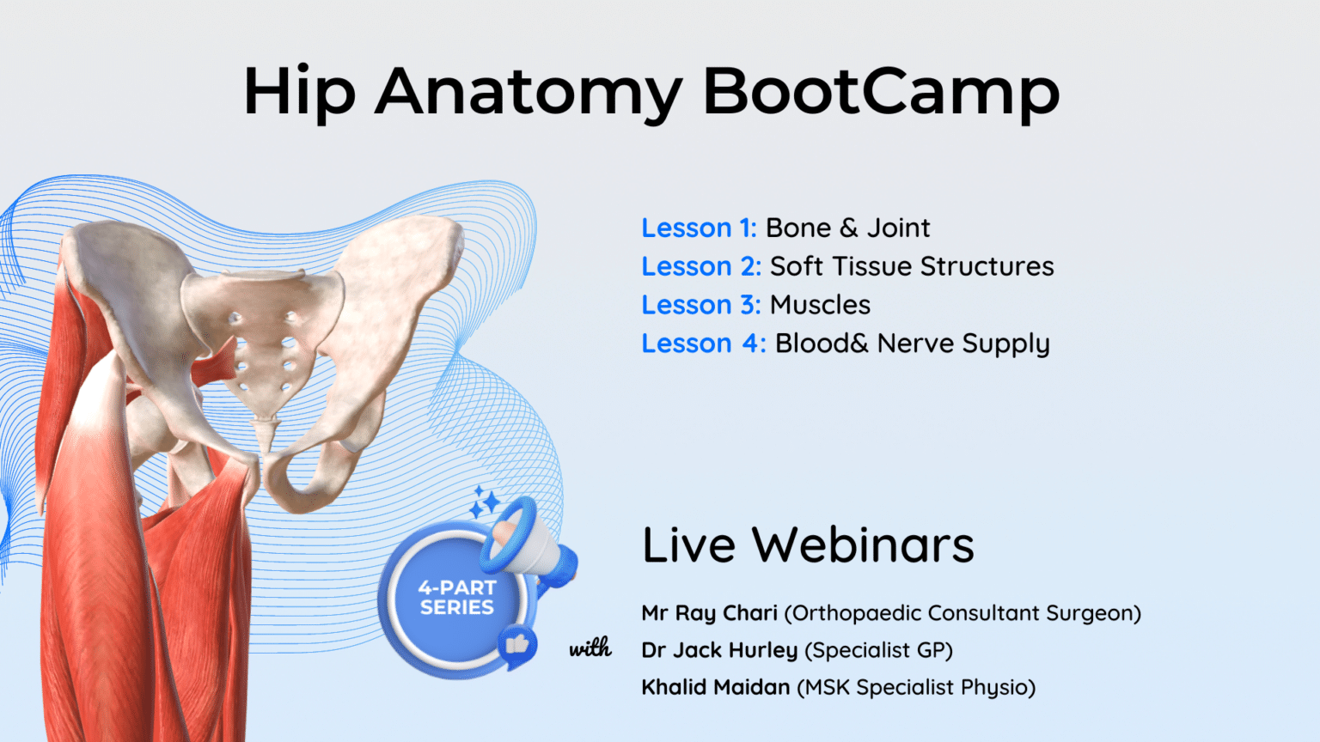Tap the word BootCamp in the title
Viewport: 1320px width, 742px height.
pyautogui.click(x=881, y=91)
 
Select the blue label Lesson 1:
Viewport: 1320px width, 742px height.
pyautogui.click(x=699, y=228)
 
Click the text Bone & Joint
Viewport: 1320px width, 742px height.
pyautogui.click(x=847, y=228)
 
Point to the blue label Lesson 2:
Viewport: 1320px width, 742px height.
pyautogui.click(x=701, y=267)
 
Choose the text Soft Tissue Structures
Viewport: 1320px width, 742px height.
pyautogui.click(x=911, y=267)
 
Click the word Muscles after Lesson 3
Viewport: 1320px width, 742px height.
pyautogui.click(x=820, y=306)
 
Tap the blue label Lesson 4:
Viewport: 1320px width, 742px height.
pyautogui.click(x=703, y=344)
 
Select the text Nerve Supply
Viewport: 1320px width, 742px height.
pyautogui.click(x=963, y=344)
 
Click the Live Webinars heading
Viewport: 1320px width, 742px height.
pyautogui.click(x=808, y=545)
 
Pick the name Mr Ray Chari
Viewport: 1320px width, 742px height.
pyautogui.click(x=709, y=613)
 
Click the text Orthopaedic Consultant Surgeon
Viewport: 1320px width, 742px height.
pyautogui.click(x=962, y=613)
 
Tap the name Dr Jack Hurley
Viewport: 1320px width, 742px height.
pyautogui.click(x=719, y=650)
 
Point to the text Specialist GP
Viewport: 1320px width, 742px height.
pyautogui.click(x=878, y=650)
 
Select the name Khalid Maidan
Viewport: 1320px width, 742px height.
pyautogui.click(x=715, y=687)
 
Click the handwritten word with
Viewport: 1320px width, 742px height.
pyautogui.click(x=590, y=648)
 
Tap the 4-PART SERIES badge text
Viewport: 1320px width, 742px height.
pyautogui.click(x=456, y=598)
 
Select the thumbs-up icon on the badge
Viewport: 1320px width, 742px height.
pyautogui.click(x=517, y=644)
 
